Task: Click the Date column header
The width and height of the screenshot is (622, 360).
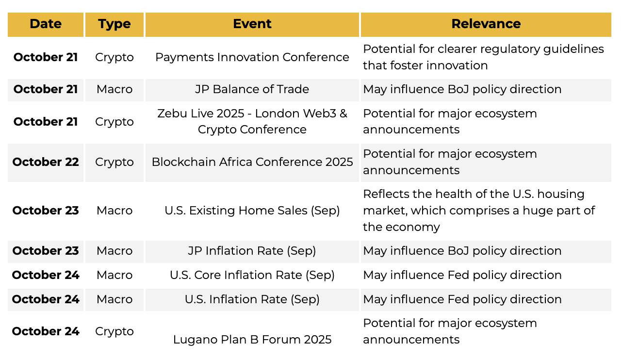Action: tap(46, 24)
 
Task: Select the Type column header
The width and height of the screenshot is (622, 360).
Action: tap(115, 24)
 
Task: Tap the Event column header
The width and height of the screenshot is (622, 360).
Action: tap(252, 24)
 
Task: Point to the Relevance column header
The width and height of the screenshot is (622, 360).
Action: tap(486, 24)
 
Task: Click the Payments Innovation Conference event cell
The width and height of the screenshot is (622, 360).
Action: tap(252, 57)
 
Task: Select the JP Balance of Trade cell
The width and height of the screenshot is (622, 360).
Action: tap(252, 89)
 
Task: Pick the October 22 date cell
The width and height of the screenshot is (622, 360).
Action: tap(46, 162)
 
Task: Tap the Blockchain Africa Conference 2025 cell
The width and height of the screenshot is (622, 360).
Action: tap(252, 162)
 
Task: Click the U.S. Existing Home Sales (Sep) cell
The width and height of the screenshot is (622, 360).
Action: tap(252, 211)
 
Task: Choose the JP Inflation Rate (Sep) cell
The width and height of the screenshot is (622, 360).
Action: tap(252, 251)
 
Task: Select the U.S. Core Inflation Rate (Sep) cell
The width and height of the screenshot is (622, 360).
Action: tap(252, 275)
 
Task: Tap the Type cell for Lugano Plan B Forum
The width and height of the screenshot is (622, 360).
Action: tap(115, 331)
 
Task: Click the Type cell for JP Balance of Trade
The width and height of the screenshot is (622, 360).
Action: tap(115, 89)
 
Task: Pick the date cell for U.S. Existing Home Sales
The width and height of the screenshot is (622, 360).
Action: tap(46, 211)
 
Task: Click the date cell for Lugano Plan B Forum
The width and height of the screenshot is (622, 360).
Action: tap(46, 331)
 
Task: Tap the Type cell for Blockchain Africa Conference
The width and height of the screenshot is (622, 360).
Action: tap(115, 162)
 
